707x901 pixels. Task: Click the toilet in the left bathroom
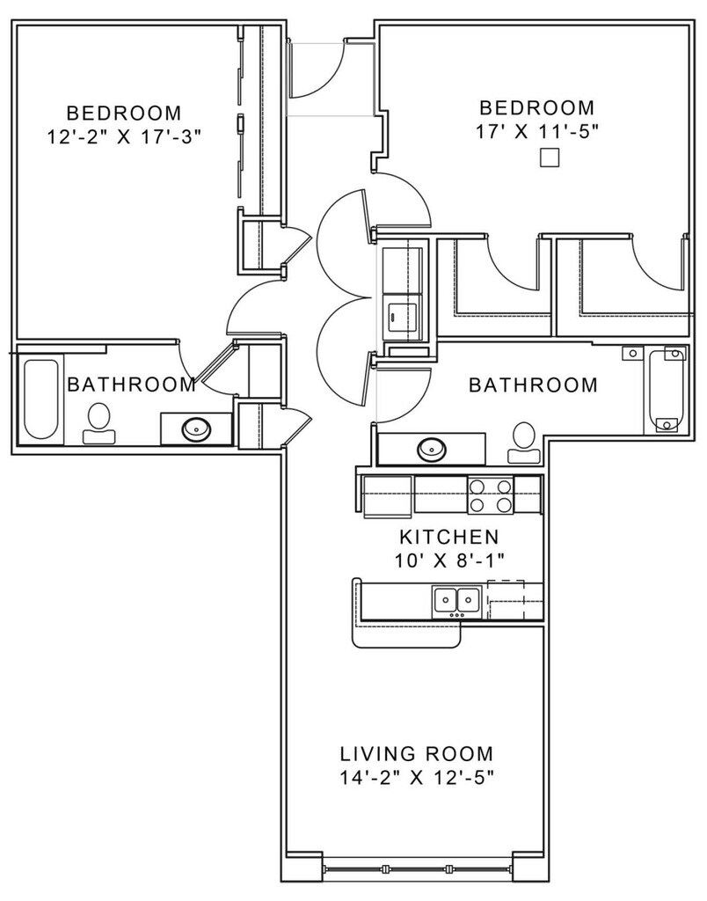point(98,423)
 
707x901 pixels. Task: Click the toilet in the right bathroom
point(524,443)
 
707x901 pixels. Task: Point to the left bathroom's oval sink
point(196,429)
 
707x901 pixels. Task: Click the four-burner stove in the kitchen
point(490,495)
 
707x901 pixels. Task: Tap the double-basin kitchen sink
point(456,602)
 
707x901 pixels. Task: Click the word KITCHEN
point(449,538)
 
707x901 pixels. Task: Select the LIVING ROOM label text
point(417,753)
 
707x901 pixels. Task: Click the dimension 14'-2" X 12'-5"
point(417,778)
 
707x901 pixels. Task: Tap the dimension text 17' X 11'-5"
point(537,132)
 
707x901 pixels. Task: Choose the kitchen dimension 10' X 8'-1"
point(449,560)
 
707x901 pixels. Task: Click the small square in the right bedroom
point(550,157)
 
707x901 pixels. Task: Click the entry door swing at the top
point(317,69)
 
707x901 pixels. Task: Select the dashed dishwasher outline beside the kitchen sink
point(506,599)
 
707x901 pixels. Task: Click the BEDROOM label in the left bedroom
point(124,112)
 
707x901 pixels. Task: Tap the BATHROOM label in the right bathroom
point(534,385)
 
